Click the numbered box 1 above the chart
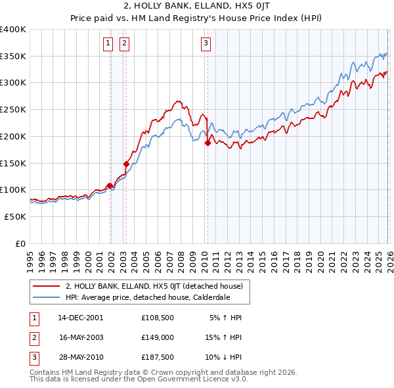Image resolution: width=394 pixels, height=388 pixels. (108, 44)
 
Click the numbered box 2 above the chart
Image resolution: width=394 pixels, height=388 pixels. (124, 44)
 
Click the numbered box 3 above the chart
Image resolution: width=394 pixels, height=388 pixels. (206, 44)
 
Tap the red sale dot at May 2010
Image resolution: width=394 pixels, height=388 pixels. (208, 143)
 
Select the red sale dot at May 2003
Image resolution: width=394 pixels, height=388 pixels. (126, 163)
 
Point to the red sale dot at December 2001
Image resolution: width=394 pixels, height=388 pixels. (110, 185)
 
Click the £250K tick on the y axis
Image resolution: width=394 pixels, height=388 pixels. (13, 109)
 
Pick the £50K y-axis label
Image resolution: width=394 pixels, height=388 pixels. (16, 216)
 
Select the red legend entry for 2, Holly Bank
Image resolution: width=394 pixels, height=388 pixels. (154, 286)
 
